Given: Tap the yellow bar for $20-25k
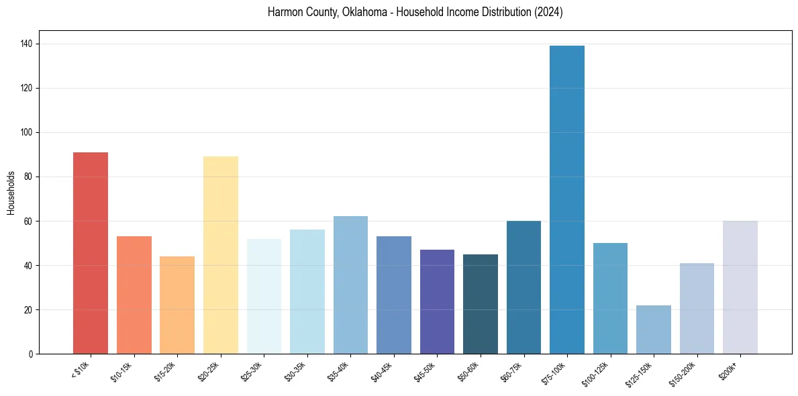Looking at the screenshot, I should point(221,255).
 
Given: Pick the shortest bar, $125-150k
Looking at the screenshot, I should point(654,330).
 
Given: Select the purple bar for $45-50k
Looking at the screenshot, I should point(437,302).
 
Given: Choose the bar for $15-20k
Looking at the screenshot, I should point(177,305).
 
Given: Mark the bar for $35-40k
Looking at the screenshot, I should point(350,285).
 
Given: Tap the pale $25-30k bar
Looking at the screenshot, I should point(264,296).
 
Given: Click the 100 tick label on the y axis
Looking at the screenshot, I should point(29,132).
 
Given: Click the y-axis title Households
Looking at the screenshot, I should point(11,192).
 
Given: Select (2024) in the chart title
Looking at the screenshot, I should point(548,12).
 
